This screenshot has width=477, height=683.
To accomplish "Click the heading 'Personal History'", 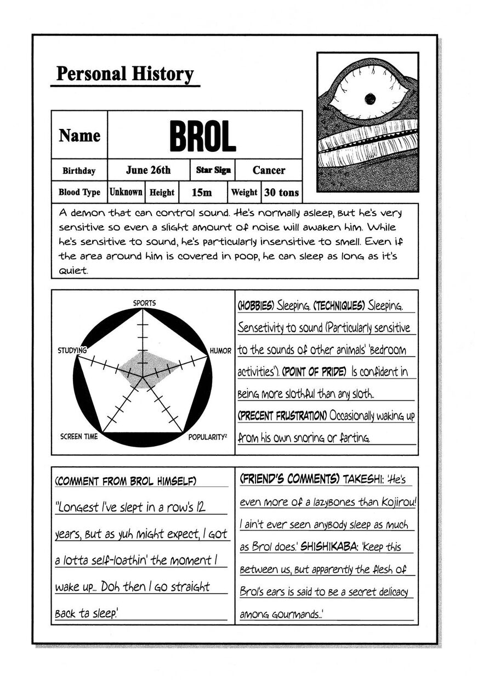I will click(x=125, y=74).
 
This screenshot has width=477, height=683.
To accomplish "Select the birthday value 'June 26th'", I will click(x=148, y=170).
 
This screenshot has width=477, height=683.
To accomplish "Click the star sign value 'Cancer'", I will click(x=269, y=170).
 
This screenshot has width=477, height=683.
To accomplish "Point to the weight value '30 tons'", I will click(x=281, y=193).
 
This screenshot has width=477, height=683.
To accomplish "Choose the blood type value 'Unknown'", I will click(x=126, y=192).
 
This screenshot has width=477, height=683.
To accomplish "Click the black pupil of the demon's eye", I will click(x=370, y=99).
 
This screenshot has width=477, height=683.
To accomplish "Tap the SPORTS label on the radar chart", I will click(x=144, y=303).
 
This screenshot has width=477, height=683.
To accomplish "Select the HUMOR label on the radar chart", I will click(x=220, y=351).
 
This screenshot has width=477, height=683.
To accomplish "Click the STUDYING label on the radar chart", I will click(x=72, y=350).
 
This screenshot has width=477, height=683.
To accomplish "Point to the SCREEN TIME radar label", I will click(x=79, y=437).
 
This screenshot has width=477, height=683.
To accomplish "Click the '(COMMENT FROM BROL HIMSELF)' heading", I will click(x=126, y=481).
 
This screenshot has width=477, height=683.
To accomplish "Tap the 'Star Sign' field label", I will click(x=213, y=170).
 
